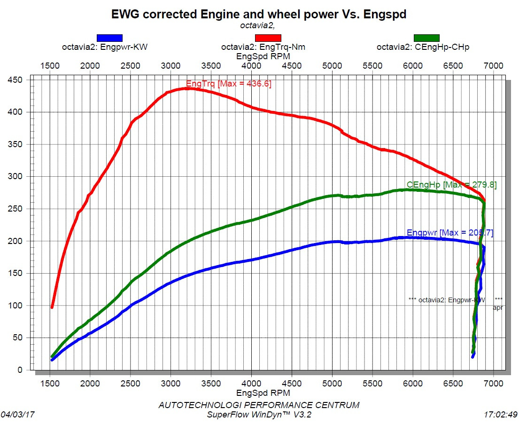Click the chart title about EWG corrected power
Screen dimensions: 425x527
coord(259,15)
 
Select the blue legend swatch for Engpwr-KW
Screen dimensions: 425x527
coord(109,38)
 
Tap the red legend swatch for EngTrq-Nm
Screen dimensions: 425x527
coord(268,38)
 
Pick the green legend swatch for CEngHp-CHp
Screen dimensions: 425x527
coord(426,38)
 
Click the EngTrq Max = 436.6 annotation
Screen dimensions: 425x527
coord(229,84)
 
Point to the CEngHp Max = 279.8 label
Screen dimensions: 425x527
coord(451,185)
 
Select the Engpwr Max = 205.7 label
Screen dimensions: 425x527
coord(450,233)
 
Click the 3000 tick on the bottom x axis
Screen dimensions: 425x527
coord(170,383)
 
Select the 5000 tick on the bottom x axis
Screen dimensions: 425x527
coord(332,383)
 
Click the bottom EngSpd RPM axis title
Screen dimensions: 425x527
coord(263,393)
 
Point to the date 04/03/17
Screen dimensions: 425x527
coord(17,415)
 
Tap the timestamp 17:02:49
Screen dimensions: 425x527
coord(501,415)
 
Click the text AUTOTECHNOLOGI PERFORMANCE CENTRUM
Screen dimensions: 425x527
coord(259,405)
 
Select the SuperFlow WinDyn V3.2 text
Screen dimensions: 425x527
coord(259,414)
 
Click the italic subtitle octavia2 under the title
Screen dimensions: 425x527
coord(257,25)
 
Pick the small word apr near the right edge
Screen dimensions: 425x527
coord(498,307)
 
